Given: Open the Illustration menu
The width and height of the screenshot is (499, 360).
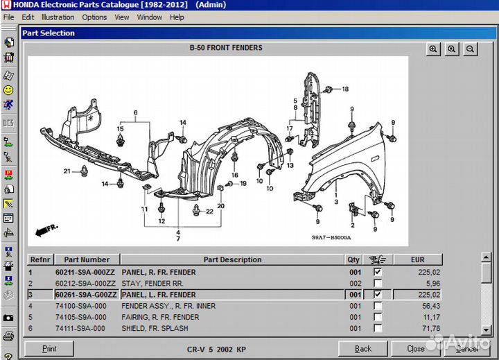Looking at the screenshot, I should pos(58,17).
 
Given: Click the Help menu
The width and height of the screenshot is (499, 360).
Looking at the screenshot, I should pos(177,17).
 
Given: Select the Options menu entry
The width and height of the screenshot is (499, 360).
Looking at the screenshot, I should pos(94,17).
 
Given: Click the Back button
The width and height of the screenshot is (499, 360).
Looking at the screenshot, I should pos(362,348).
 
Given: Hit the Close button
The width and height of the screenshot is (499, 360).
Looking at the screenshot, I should pos(416,348).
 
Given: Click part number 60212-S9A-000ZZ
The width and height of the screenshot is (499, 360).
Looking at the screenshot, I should pos(86,284).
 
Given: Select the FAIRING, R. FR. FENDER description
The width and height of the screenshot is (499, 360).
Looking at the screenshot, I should pos(160,317).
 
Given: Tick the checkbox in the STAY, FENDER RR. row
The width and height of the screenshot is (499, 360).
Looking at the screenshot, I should pos(377,284).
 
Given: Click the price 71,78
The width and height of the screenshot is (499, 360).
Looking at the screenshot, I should pos(430,328).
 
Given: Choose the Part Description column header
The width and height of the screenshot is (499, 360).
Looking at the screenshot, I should pos(232,259).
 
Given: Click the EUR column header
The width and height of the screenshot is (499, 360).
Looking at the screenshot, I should pos(417,259).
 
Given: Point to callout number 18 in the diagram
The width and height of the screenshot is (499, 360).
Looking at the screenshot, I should pos(345,89).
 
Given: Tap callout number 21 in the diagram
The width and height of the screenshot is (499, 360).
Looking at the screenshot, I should pos(67,171).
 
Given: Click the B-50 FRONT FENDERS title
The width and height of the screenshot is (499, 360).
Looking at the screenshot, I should pos(226,48).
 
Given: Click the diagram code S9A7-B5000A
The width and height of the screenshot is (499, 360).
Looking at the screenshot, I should pos(331,238).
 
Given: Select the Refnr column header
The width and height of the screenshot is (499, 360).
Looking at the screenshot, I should pos(40,259).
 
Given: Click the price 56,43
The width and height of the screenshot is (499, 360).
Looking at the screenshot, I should pos(430,306).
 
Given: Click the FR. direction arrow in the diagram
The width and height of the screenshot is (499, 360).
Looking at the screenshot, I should pos(46,228).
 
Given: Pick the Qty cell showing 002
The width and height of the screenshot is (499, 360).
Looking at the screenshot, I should pos(355,284).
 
